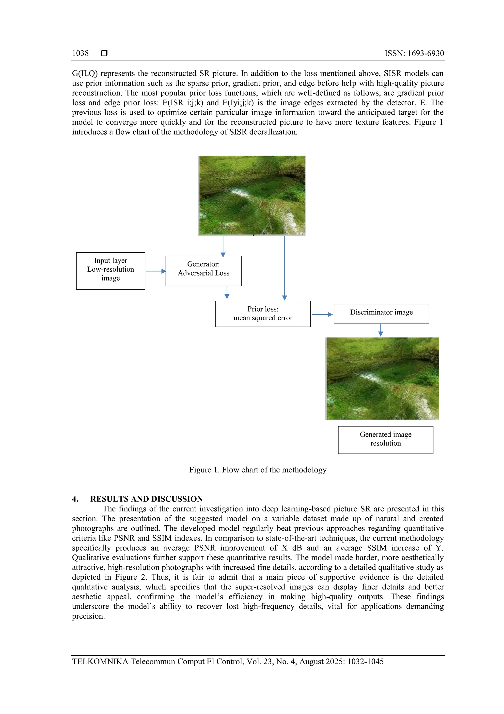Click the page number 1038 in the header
click(x=80, y=53)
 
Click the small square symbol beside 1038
click(x=104, y=53)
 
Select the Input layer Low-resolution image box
click(x=110, y=271)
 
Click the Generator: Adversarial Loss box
click(x=204, y=271)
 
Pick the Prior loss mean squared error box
click(x=263, y=313)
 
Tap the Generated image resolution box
click(x=385, y=440)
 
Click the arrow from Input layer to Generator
click(x=156, y=271)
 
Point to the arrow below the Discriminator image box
click(x=380, y=330)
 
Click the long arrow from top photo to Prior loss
click(x=284, y=267)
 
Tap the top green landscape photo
click(x=252, y=195)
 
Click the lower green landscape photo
click(x=382, y=379)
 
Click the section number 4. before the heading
click(x=75, y=499)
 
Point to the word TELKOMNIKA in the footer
click(x=100, y=662)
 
